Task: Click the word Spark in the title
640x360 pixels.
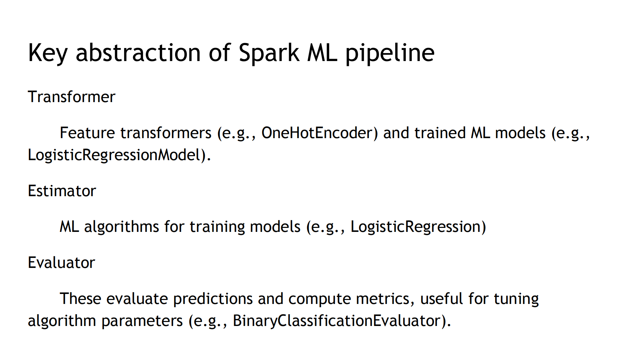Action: tap(269, 53)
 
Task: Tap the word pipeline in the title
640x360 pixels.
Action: tap(390, 53)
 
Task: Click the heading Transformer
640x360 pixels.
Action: tap(71, 97)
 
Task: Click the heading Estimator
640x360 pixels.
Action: tap(62, 191)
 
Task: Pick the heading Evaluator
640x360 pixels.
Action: tap(61, 263)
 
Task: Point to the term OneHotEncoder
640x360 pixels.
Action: tap(319, 133)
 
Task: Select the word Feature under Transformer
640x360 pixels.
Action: tap(87, 133)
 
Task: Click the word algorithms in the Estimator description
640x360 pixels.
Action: tap(121, 227)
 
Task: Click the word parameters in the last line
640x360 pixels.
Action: tap(142, 321)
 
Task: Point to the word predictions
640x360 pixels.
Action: tap(212, 299)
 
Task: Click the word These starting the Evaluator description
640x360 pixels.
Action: tap(80, 299)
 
